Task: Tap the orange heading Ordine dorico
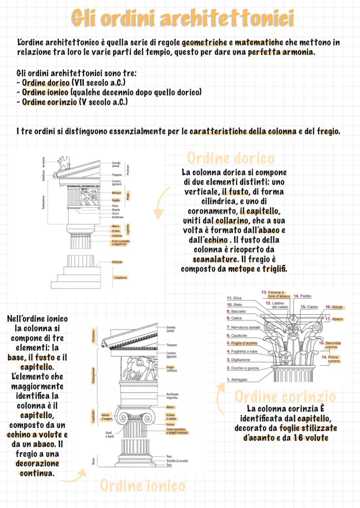point(231,158)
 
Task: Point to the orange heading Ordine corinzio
point(285,396)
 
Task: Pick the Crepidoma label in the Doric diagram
point(120,277)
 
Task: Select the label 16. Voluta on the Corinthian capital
point(334,307)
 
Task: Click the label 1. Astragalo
point(237,379)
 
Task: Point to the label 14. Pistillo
point(303,296)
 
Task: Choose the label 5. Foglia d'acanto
point(241,343)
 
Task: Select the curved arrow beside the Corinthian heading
point(221,400)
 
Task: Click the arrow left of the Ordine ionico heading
point(74,477)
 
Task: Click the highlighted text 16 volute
point(311,438)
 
